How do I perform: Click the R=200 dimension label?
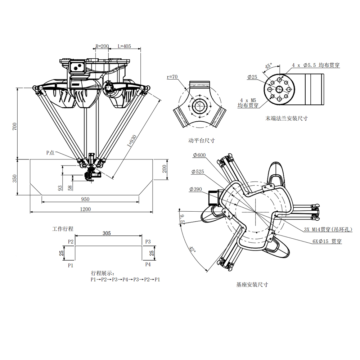pos(102,46)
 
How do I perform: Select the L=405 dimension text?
pos(124,46)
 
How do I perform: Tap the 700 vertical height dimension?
pos(15,126)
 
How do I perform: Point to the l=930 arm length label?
pos(132,141)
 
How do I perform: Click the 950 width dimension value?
pos(85,199)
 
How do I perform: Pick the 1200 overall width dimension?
pos(85,209)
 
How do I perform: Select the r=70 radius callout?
pos(172,77)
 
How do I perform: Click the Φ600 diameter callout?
pos(199,155)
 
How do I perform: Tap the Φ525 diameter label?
pos(198,172)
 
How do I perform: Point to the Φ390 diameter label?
pos(195,189)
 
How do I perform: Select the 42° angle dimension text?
pos(192,249)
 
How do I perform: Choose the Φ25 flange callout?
pos(252,77)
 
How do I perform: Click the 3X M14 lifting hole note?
pos(328,229)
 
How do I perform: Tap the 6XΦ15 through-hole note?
pos(327,241)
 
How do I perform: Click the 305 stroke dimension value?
pos(107,233)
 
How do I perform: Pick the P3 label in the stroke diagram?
pos(148,242)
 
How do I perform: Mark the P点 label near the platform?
pos(50,153)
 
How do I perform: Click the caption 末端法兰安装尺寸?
pos(287,118)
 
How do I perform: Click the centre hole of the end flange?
pos(279,89)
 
